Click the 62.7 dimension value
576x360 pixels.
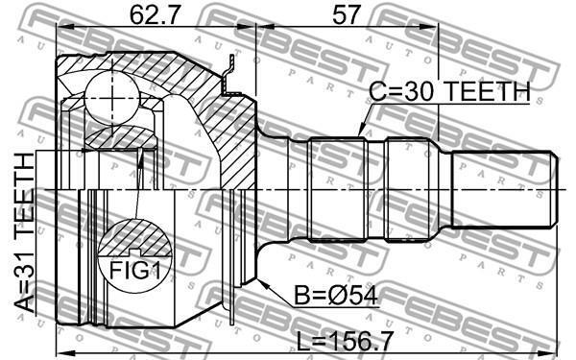point(155,15)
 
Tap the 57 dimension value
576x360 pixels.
point(345,15)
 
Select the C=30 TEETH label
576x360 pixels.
point(449,91)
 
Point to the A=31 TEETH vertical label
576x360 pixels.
point(24,232)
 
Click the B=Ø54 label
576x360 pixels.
point(336,296)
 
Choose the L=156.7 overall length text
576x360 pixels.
point(345,341)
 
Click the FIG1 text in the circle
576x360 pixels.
point(134,271)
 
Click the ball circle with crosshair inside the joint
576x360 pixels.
point(111,99)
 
